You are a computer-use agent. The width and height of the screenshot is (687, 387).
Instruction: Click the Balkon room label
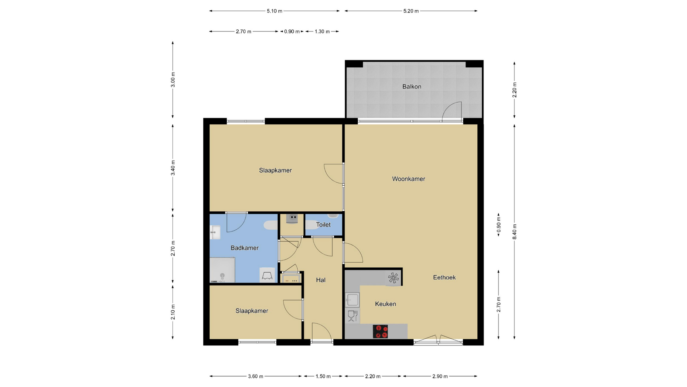411,87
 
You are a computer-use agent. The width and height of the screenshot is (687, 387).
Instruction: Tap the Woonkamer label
409,179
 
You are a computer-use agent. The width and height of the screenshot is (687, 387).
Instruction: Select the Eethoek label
444,277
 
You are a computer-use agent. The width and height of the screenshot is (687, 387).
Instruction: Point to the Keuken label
385,304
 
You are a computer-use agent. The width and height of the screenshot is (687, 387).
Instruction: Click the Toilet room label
323,225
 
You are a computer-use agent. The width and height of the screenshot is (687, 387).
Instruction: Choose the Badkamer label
245,248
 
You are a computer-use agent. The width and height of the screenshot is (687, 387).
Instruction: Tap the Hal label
321,280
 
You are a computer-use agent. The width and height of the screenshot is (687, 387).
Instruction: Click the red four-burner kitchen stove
380,331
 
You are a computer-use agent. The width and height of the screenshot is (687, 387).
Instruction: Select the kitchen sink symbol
352,300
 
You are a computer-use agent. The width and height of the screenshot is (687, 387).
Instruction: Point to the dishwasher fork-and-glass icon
352,316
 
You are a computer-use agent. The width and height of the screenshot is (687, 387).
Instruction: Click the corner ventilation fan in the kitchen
393,278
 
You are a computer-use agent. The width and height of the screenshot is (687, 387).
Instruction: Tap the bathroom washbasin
215,233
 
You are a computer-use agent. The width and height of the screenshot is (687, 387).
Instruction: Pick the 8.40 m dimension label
515,231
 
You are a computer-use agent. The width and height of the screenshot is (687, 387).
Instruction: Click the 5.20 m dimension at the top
411,11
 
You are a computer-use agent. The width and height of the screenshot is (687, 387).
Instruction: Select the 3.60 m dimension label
255,376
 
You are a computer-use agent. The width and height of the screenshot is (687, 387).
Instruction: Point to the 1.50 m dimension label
323,376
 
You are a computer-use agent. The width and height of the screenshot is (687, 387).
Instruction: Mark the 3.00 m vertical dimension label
173,80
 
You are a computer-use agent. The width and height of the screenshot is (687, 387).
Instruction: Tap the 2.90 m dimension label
440,376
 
